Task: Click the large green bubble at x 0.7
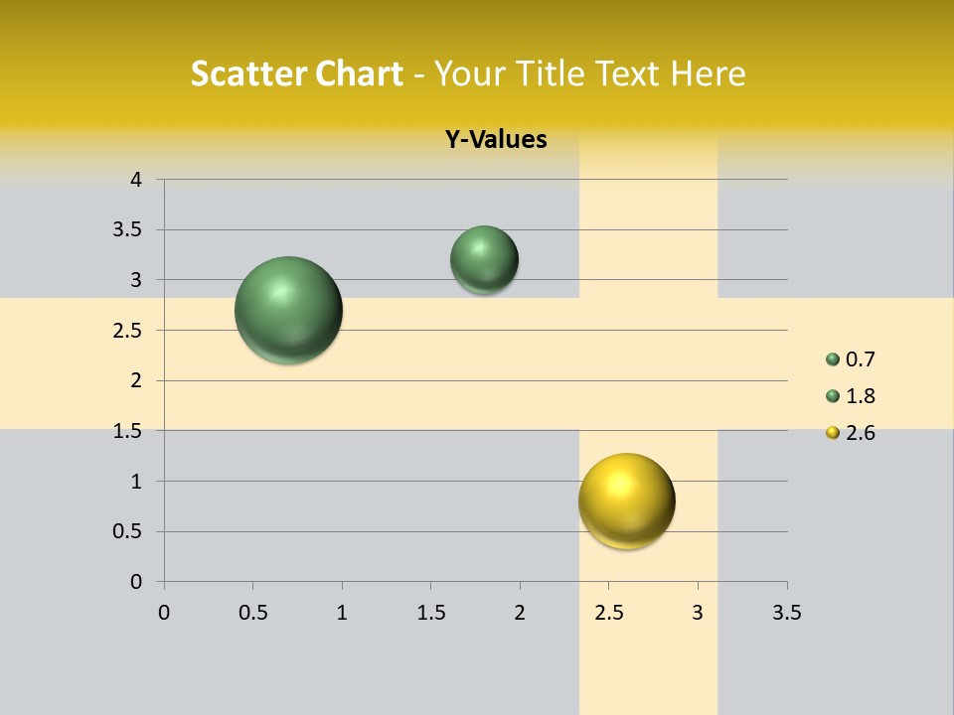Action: [289, 310]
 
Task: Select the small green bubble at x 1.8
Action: [484, 259]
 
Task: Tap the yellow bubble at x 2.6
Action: [627, 500]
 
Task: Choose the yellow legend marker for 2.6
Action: [833, 433]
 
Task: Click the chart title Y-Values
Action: [496, 140]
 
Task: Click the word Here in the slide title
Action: [708, 73]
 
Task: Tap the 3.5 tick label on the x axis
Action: [786, 613]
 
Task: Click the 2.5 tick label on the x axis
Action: [608, 613]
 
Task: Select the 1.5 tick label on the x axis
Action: [430, 613]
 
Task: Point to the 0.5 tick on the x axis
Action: [252, 613]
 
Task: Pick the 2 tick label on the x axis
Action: [520, 613]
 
